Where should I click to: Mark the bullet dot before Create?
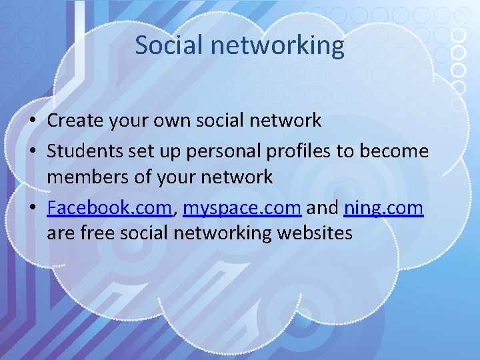[32, 121]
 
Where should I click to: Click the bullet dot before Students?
[32, 152]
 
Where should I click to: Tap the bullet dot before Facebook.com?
[32, 209]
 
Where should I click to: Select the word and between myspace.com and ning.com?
[323, 208]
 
